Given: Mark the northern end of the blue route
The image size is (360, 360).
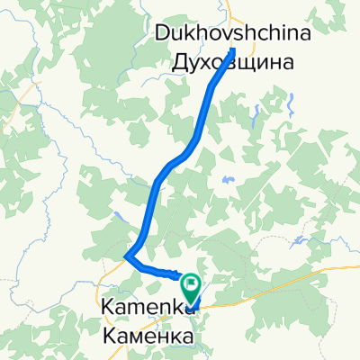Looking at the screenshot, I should point(232,49).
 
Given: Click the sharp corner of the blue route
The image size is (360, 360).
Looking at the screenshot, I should point(128,256).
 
